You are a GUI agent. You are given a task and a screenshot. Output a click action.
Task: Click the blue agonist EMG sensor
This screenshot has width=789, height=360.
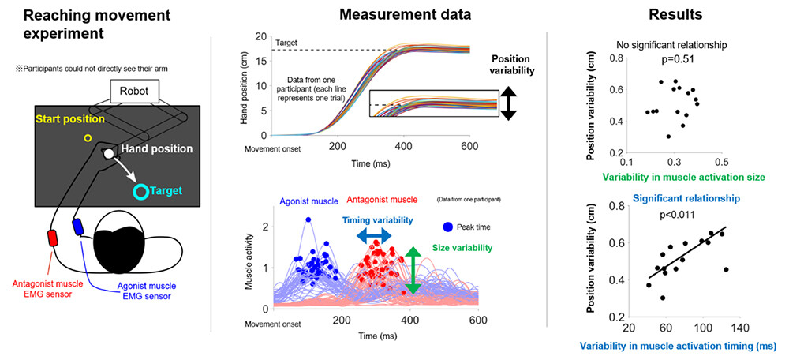pos(79,227)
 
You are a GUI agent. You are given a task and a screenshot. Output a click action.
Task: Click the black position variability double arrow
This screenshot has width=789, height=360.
pos(508,103)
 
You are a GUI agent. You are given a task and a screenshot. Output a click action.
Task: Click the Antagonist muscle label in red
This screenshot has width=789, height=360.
pos(375,201)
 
